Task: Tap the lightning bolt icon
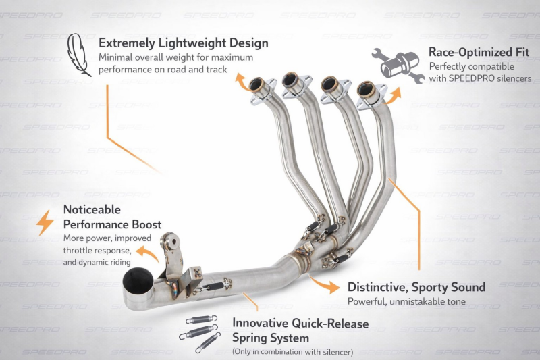45,223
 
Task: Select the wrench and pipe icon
398,66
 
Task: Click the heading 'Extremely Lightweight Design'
183,43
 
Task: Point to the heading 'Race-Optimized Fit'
479,52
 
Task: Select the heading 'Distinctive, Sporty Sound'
416,287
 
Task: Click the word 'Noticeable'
92,209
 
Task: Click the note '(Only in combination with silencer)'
293,352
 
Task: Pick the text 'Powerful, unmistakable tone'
406,301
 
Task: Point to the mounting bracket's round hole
172,241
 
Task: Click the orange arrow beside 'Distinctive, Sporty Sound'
324,284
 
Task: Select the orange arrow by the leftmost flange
242,82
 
